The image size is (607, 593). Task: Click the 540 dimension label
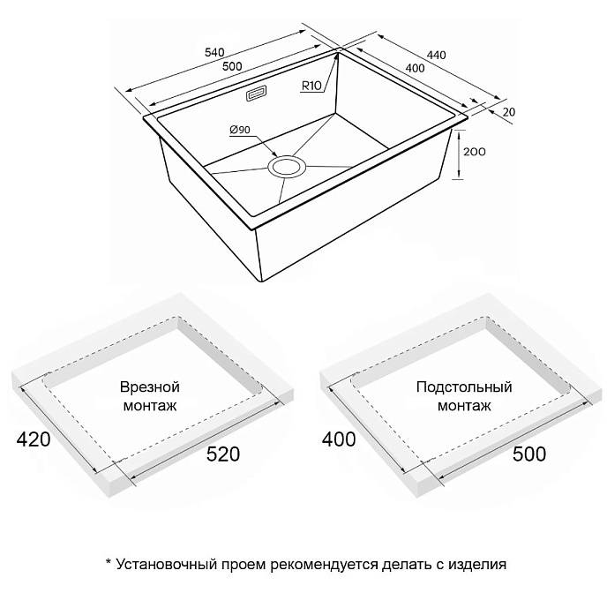(x=214, y=52)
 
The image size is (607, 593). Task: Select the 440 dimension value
(x=436, y=56)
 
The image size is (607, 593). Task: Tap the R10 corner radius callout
(x=311, y=86)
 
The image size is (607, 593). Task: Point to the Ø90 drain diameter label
(x=240, y=130)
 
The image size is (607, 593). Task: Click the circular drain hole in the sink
(x=287, y=167)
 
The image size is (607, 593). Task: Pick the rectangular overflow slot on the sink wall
(x=256, y=94)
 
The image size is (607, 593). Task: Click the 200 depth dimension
(x=475, y=152)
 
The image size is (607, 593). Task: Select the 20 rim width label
(x=509, y=112)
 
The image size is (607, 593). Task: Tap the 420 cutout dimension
(x=34, y=439)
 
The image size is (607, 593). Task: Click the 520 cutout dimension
(x=223, y=454)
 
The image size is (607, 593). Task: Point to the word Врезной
(x=150, y=387)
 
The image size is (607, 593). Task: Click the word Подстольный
(x=464, y=387)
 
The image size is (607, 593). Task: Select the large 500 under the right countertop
(x=529, y=454)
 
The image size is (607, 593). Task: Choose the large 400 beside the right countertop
(x=339, y=439)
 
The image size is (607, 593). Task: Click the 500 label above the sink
(x=232, y=66)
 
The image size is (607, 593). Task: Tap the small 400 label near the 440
(x=416, y=68)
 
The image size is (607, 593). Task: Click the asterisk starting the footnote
(x=109, y=561)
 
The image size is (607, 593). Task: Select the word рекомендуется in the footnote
(x=324, y=565)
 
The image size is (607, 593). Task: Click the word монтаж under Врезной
(x=150, y=406)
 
